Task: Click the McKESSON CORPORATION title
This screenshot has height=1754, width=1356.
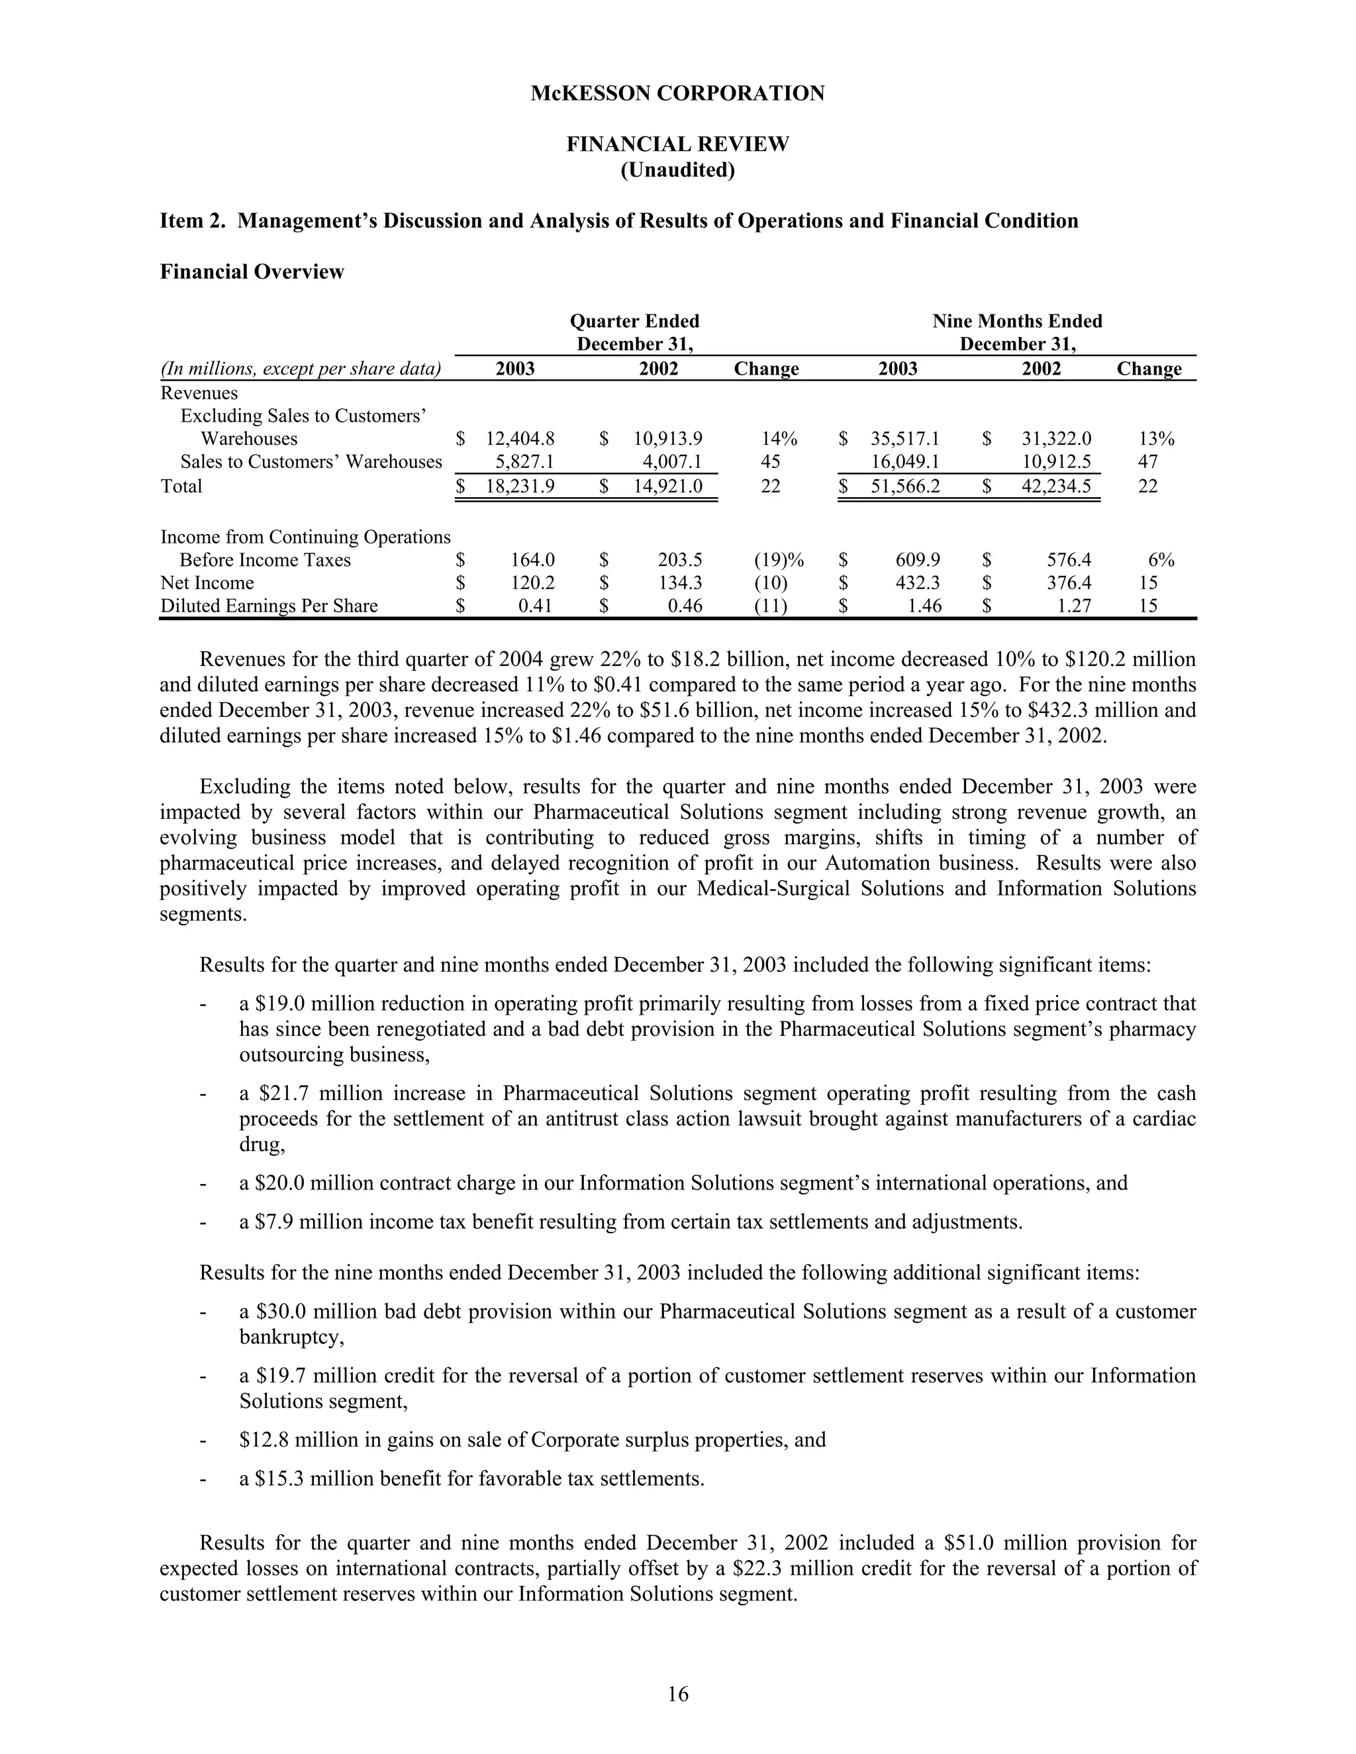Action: [677, 94]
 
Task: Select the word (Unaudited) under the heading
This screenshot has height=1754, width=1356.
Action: [677, 170]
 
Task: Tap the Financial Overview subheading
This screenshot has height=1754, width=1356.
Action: [252, 272]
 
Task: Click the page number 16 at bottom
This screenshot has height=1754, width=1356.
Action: [677, 1694]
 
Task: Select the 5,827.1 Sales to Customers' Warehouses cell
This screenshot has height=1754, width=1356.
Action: [524, 462]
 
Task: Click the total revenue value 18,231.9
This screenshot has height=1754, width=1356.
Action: [520, 486]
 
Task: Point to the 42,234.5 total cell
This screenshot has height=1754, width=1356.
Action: [1055, 486]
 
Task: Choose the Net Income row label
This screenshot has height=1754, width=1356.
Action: [207, 583]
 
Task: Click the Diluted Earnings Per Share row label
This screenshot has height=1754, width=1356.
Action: [269, 606]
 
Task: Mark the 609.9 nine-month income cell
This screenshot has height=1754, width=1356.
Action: [918, 560]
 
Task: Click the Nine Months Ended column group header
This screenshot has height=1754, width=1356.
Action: [1016, 321]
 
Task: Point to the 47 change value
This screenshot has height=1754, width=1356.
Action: [1148, 462]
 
